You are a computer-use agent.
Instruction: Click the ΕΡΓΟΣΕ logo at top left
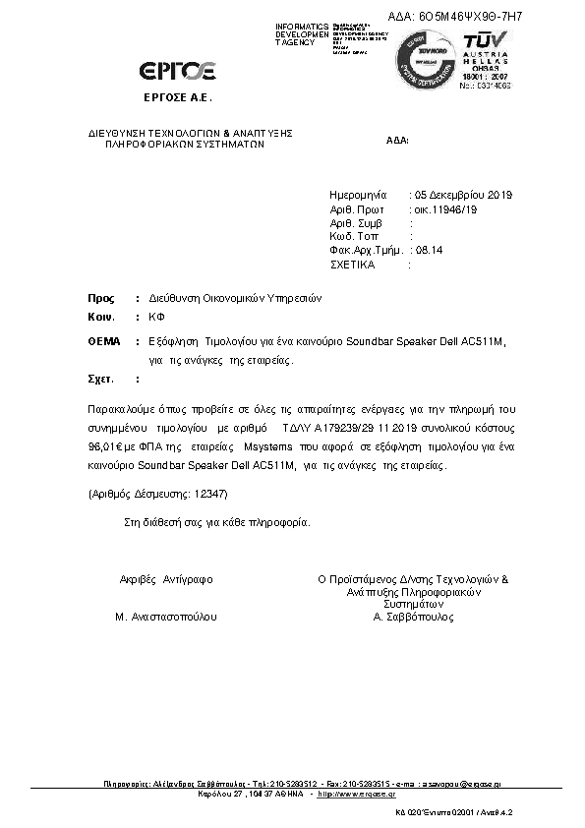[x=178, y=70]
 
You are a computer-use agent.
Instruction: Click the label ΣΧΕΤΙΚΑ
[x=356, y=266]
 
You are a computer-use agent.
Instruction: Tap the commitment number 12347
[x=209, y=492]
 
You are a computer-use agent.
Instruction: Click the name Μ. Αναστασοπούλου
[x=165, y=618]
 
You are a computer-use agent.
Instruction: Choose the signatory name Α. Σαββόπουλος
[x=413, y=618]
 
